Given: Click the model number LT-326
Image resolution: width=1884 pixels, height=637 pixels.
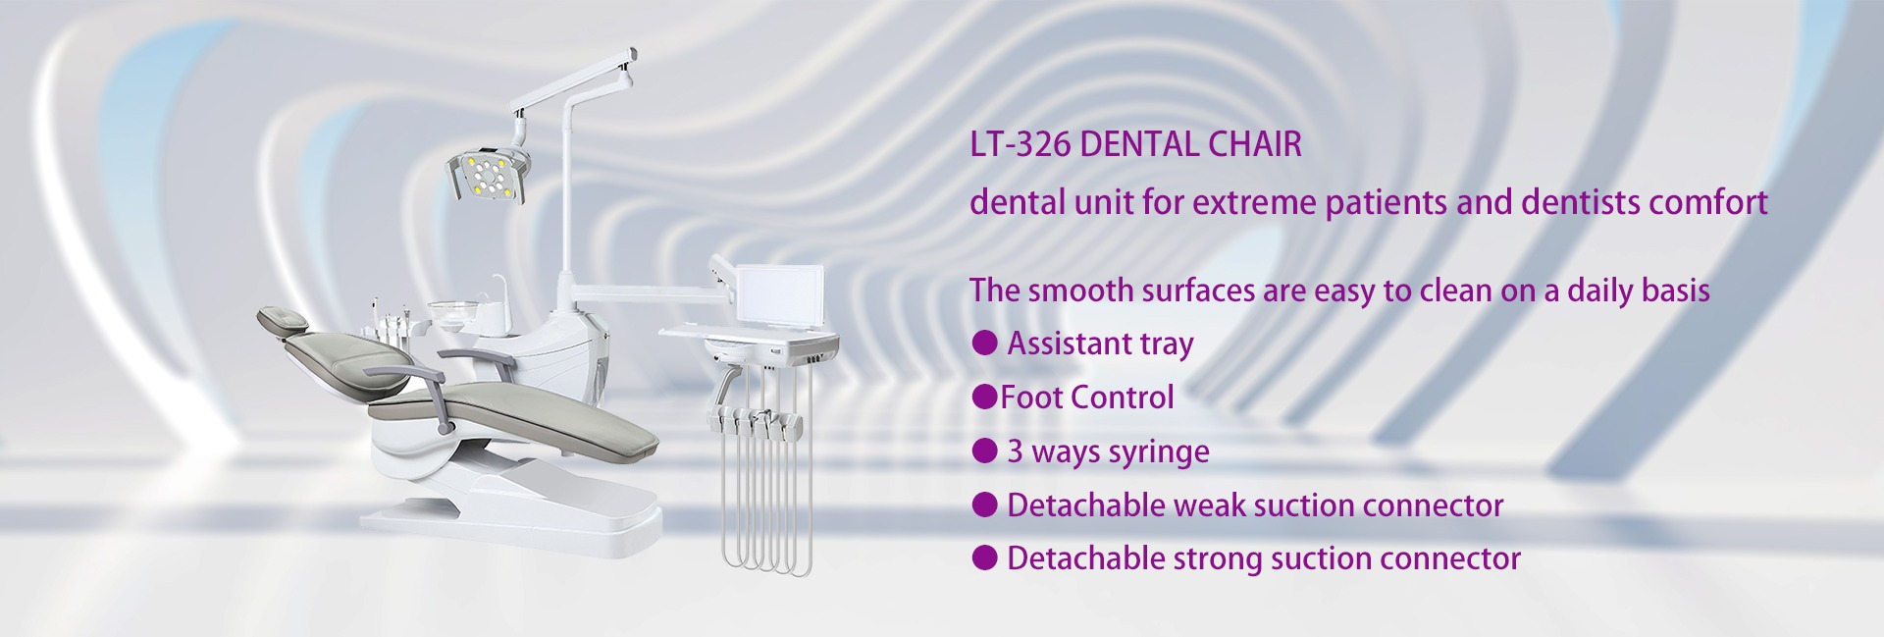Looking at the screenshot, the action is pos(1019,145).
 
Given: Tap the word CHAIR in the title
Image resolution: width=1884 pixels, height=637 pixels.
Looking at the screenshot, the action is pos(1254,145).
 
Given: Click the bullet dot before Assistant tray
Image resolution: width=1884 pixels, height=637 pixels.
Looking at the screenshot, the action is pos(984,344).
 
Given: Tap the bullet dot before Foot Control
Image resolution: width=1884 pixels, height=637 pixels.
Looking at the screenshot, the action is pos(984,397).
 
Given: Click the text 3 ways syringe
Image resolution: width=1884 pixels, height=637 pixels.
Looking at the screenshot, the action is pos(1108,451).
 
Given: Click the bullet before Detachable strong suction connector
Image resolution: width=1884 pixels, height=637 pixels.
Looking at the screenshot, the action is pos(984,557).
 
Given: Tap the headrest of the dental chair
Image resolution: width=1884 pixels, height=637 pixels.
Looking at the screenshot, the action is pos(283,320).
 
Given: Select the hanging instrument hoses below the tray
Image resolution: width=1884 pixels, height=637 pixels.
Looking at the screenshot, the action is pos(765,491).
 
